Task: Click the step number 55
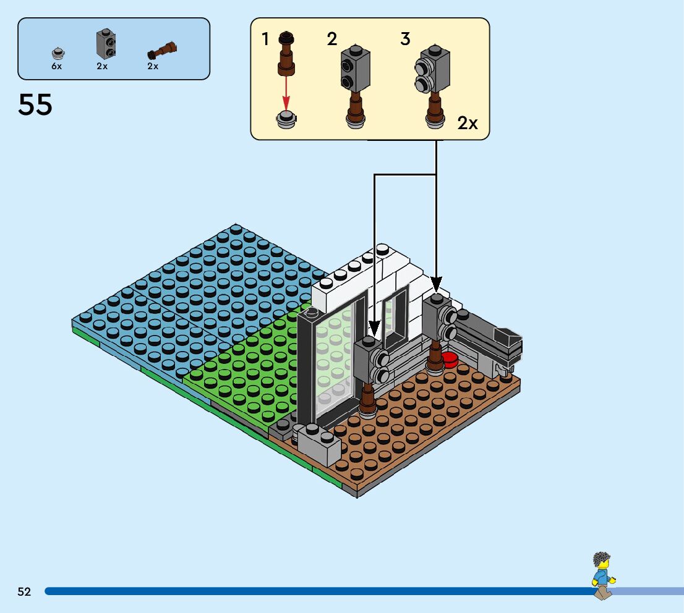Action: [x=35, y=105]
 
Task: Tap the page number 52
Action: [x=24, y=592]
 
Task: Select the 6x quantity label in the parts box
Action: [x=57, y=66]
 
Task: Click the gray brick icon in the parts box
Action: [x=106, y=45]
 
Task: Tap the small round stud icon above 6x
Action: [x=58, y=53]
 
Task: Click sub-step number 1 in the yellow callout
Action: [x=265, y=40]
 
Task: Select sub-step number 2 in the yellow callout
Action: [x=332, y=40]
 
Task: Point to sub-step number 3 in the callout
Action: [x=405, y=40]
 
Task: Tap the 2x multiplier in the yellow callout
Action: [x=468, y=123]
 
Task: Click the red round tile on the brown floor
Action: [x=450, y=360]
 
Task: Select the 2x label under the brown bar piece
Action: [x=153, y=66]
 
